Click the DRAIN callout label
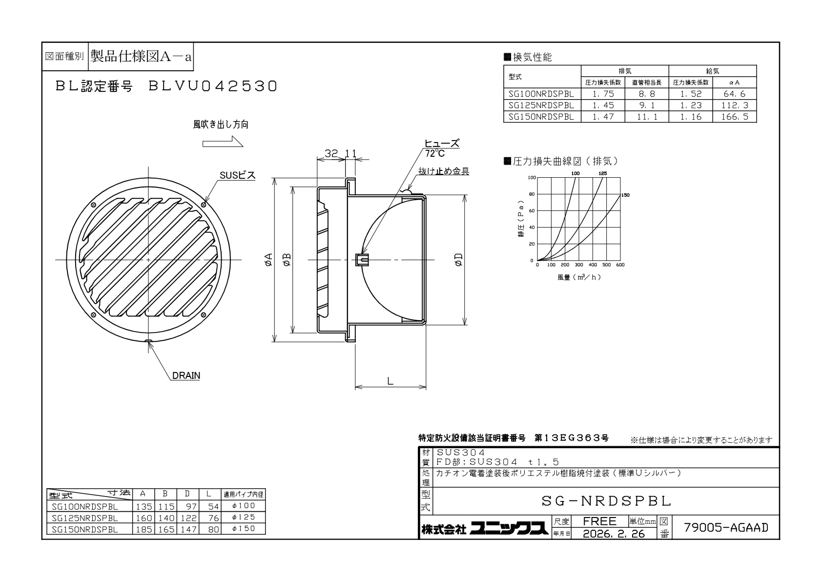pos(186,375)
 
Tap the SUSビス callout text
pos(237,175)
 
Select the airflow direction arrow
pos(223,141)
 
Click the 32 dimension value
pos(331,153)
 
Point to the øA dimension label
pos(268,259)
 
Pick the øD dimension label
pos(459,259)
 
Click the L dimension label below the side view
pos(390,381)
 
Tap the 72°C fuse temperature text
pos(435,153)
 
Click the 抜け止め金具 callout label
pos(444,171)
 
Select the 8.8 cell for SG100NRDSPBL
pos(647,94)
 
